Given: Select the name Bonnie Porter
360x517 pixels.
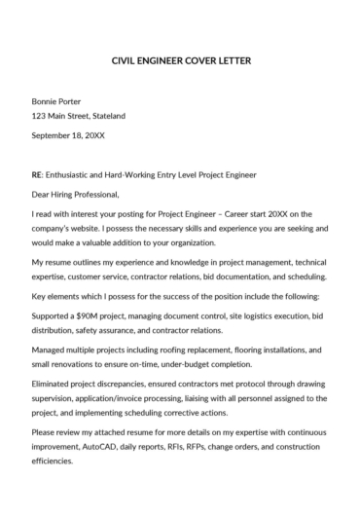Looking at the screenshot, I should pos(56,101).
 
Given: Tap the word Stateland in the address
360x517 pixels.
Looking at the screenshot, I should pos(106,116).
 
